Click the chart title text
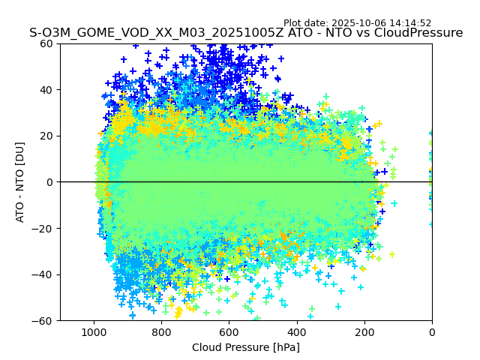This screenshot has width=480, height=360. click(x=246, y=33)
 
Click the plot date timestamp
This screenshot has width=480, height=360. click(x=357, y=23)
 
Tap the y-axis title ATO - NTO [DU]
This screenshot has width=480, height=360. click(x=20, y=181)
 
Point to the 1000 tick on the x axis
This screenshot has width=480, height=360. click(x=94, y=331)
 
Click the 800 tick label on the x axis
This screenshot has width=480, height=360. click(x=161, y=331)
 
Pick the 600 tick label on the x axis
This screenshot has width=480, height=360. click(x=229, y=331)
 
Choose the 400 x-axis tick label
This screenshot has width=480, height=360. click(x=297, y=331)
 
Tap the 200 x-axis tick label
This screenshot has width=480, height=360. click(x=364, y=331)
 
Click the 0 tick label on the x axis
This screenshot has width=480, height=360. click(x=432, y=331)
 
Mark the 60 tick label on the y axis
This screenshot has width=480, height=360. click(x=45, y=43)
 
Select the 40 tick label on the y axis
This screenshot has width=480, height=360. click(x=45, y=90)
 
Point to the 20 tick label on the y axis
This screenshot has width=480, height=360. click(x=45, y=136)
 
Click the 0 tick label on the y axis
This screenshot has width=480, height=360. click(x=48, y=182)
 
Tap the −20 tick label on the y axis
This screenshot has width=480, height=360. click(x=42, y=228)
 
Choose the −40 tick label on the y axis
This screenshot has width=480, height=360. click(x=42, y=274)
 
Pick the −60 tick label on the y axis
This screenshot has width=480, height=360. click(x=42, y=320)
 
